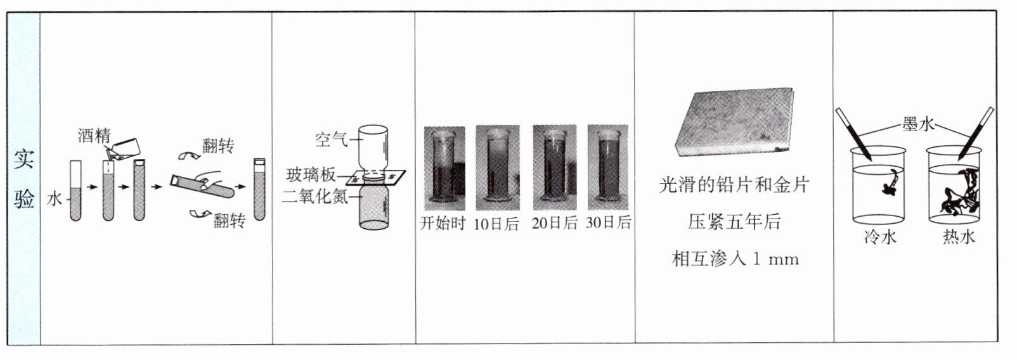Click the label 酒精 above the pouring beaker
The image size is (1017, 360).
coord(94,135)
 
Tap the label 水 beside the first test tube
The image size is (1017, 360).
coord(54,199)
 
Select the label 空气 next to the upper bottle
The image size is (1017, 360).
coord(331,139)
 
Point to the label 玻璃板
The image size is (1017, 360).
coord(311,175)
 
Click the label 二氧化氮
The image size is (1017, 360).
coord(314,196)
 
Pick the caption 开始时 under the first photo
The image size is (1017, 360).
coord(443,223)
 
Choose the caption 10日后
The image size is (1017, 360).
coord(496,223)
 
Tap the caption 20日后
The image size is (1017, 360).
coord(554,223)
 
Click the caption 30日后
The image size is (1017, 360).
coord(609,222)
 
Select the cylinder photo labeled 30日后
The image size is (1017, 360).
coord(608,167)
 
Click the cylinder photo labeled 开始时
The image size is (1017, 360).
coord(444,169)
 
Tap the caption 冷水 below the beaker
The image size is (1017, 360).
coord(880,237)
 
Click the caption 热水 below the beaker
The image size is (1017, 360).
coord(959,237)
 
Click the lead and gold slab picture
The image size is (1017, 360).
coord(735,122)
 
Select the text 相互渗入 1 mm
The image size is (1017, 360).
coord(735,259)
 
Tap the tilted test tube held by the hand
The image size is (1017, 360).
coord(202,186)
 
